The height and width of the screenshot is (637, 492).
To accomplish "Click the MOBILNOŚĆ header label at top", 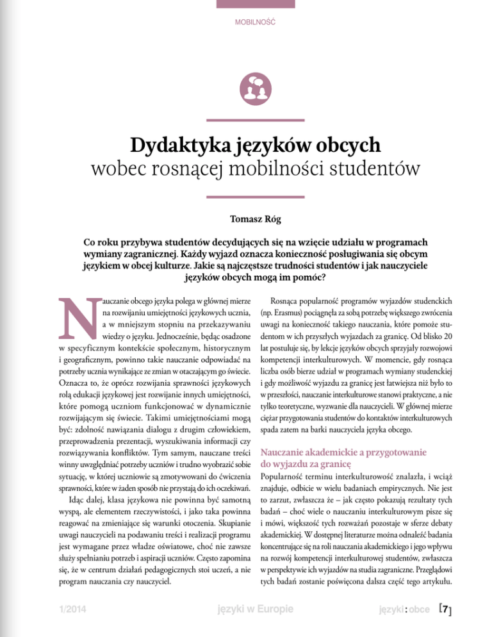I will tap(246, 22).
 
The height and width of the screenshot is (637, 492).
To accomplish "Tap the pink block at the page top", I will tap(246, 4).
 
